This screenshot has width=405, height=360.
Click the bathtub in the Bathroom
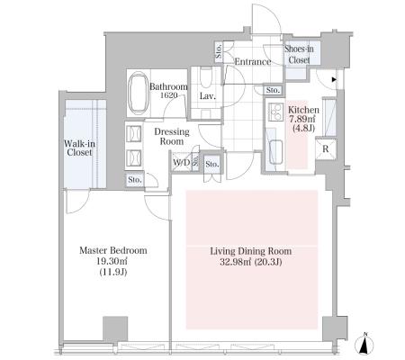(138, 93)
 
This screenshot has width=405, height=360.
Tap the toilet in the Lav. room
(206, 77)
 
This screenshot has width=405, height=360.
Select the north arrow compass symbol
(364, 344)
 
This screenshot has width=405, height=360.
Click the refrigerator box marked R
(326, 148)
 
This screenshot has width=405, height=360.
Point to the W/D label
(182, 163)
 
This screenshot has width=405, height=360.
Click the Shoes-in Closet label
(299, 54)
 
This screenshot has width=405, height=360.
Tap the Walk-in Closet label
(79, 148)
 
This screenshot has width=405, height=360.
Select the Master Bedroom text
(113, 250)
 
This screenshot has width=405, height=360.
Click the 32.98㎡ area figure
(236, 262)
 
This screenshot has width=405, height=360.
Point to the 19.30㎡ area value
(112, 261)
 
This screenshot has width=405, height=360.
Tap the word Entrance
(253, 62)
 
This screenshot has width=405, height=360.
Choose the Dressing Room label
(172, 137)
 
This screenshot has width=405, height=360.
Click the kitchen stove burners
(275, 112)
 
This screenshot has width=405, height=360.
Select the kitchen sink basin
(275, 152)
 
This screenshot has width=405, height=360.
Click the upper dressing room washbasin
(133, 133)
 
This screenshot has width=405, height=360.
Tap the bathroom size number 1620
(168, 95)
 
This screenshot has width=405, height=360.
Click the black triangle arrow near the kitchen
(334, 80)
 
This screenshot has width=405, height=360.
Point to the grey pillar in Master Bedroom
(115, 328)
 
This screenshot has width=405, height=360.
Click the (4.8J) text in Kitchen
(303, 129)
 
